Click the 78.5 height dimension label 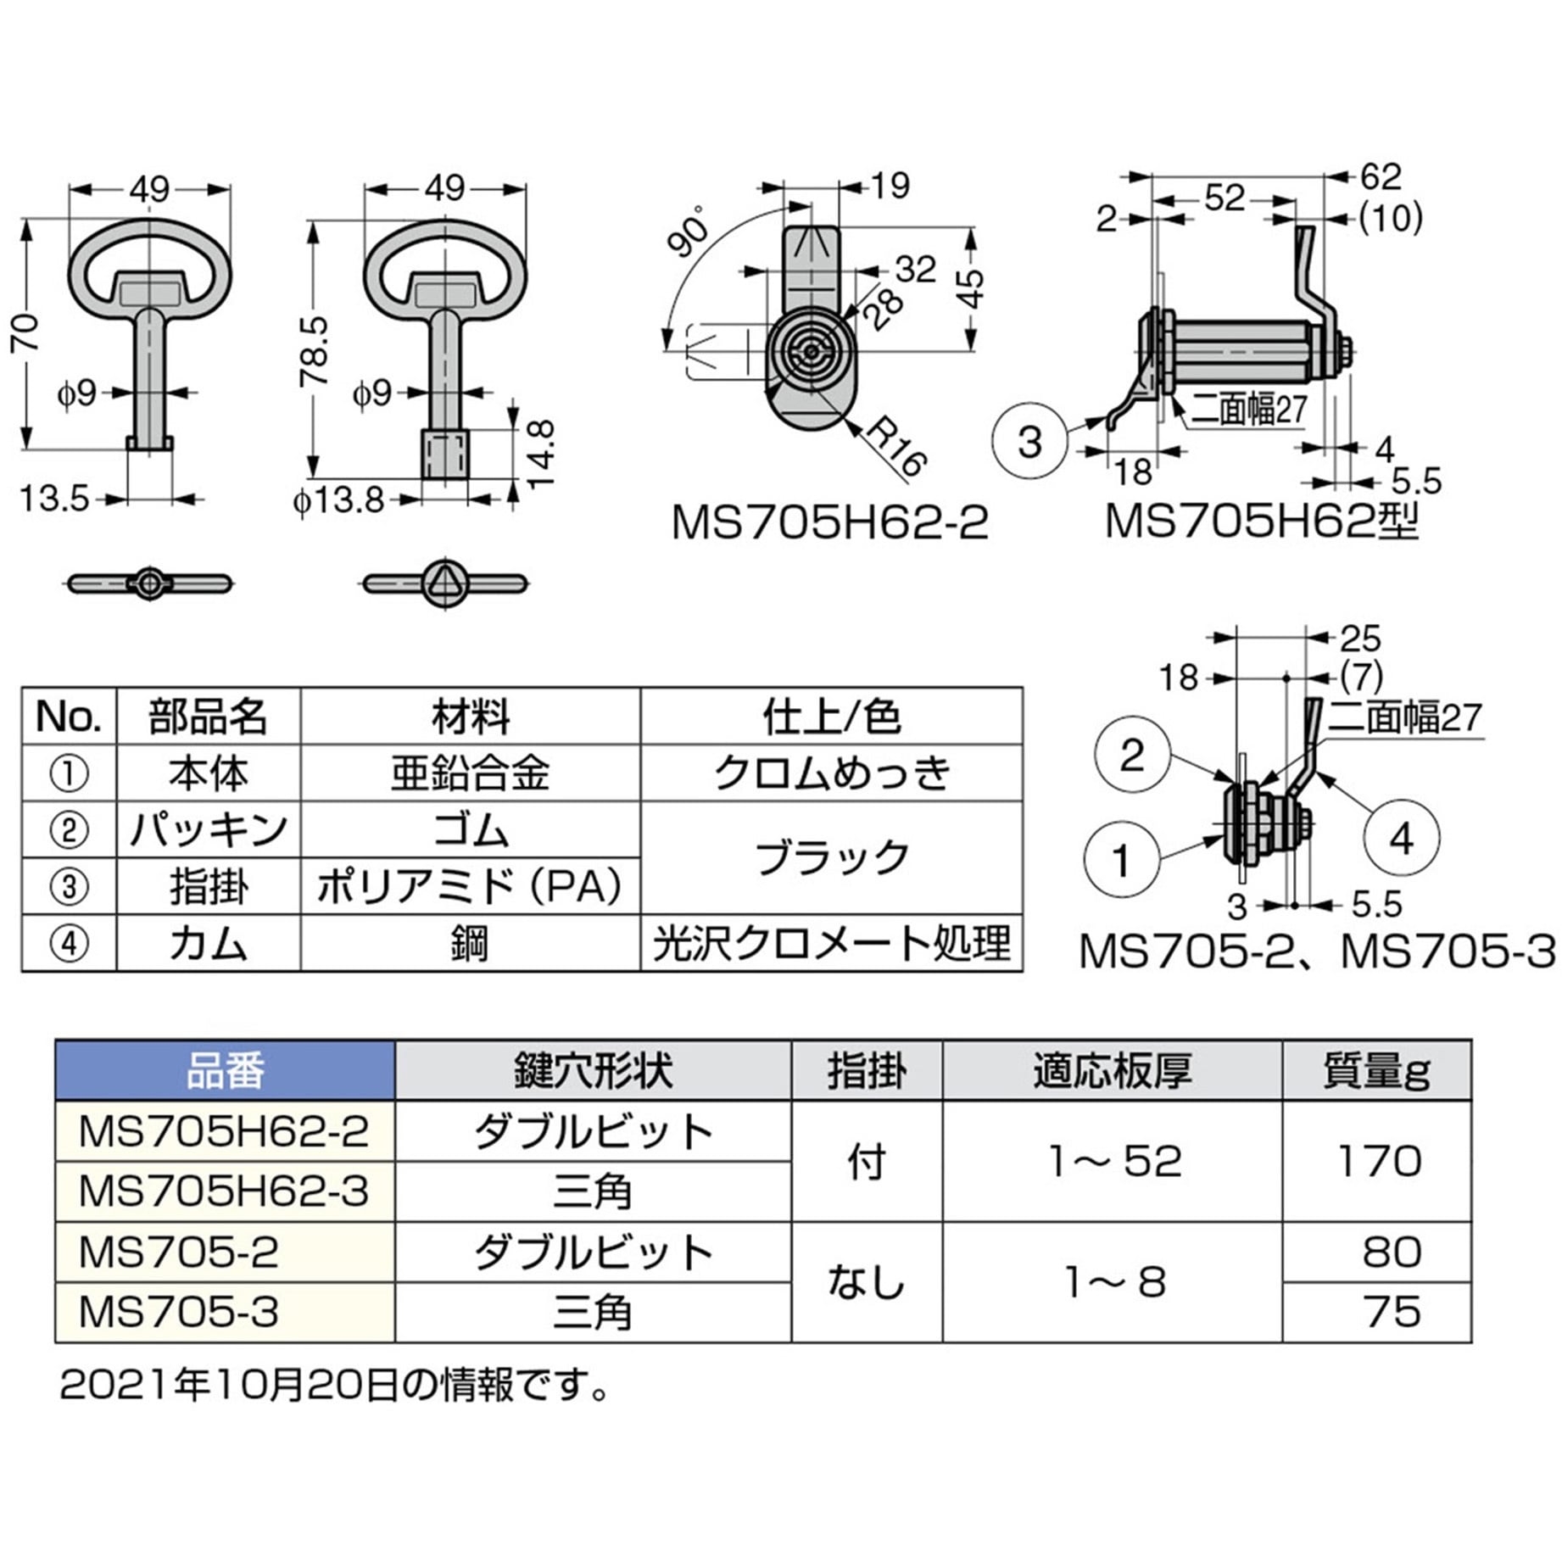click(x=313, y=352)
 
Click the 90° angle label click(x=689, y=231)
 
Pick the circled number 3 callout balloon click(x=1029, y=442)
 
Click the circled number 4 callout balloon click(x=1401, y=839)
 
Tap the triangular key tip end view click(x=444, y=583)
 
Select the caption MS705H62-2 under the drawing click(x=829, y=523)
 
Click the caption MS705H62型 click(x=1261, y=522)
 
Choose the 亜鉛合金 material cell click(x=470, y=773)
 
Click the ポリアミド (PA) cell click(x=470, y=887)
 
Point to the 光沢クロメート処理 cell click(x=831, y=943)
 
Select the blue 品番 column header click(x=225, y=1071)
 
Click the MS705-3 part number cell click(x=179, y=1312)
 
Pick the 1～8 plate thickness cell click(x=1114, y=1282)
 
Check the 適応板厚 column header click(x=1113, y=1071)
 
